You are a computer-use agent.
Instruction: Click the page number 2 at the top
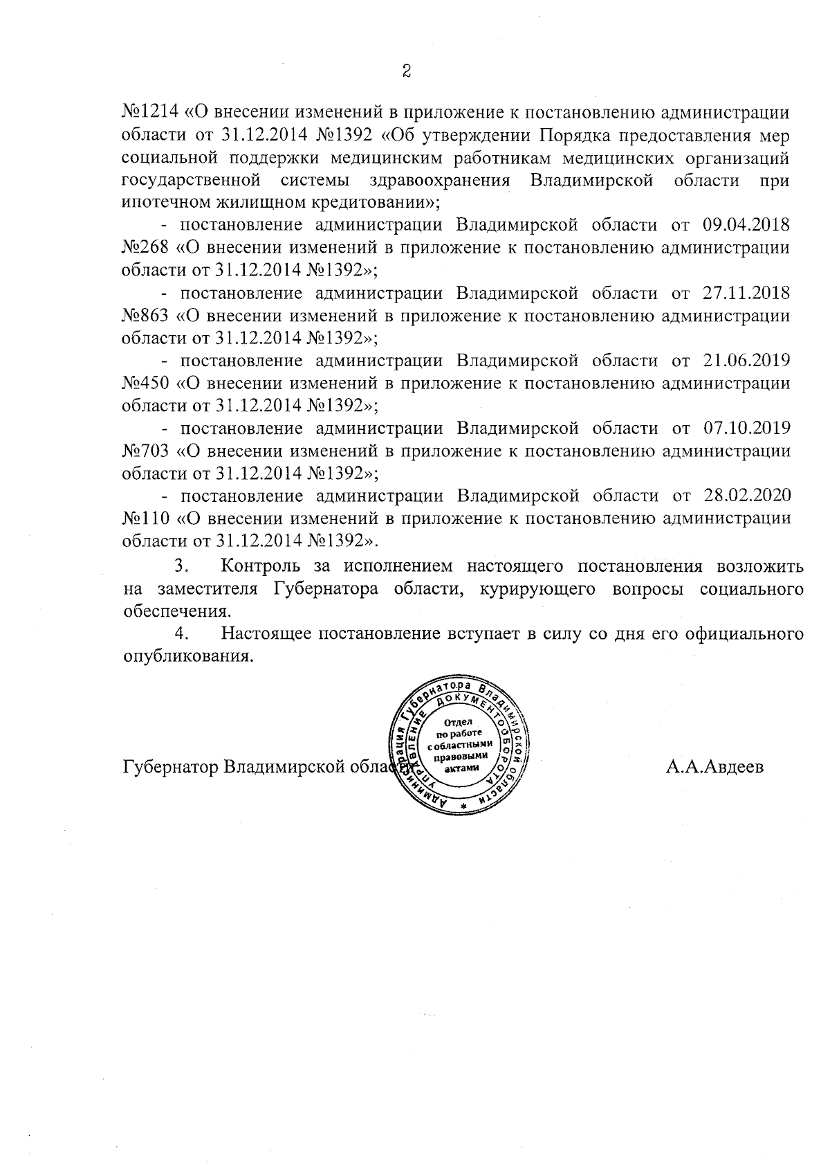[x=407, y=71]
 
